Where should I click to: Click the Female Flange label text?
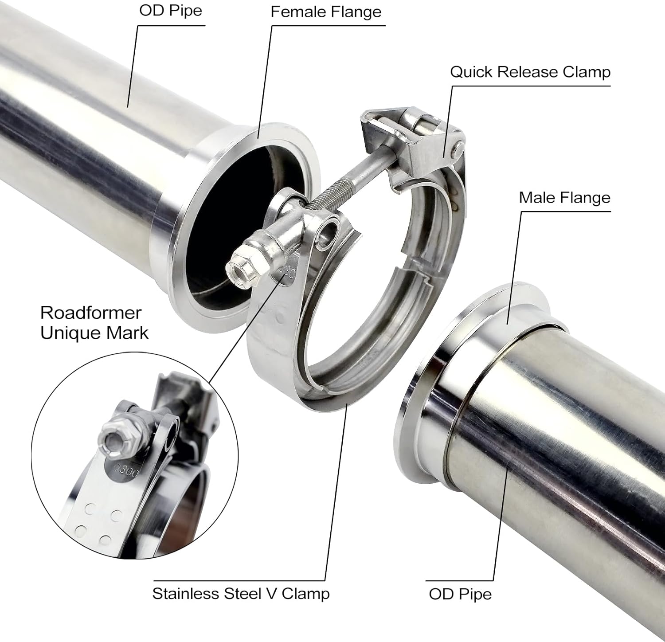pyautogui.click(x=326, y=12)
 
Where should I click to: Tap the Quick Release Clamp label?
pyautogui.click(x=530, y=72)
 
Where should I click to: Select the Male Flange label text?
pyautogui.click(x=564, y=198)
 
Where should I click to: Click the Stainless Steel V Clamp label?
pyautogui.click(x=241, y=594)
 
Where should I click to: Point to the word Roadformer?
pyautogui.click(x=90, y=313)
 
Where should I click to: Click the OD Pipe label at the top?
pyautogui.click(x=171, y=11)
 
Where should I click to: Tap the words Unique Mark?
pyautogui.click(x=94, y=333)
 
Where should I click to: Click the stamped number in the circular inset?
pyautogui.click(x=126, y=469)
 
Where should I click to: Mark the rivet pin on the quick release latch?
pyautogui.click(x=457, y=150)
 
